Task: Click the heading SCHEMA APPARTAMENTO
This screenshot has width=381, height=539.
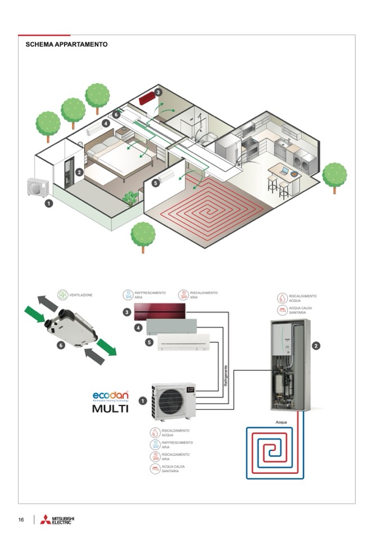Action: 66,44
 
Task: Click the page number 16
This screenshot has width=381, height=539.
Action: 21,520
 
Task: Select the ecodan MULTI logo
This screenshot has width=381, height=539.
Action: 111,401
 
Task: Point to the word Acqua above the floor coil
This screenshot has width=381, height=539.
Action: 282,421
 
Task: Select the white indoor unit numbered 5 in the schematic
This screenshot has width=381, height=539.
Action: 183,342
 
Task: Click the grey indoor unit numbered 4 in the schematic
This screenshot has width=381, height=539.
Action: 171,327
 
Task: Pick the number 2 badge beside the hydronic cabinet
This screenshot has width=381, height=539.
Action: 316,346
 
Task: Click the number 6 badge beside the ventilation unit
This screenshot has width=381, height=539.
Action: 60,345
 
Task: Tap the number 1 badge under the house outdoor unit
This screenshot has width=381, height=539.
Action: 49,203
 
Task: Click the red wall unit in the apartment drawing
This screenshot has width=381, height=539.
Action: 148,99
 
